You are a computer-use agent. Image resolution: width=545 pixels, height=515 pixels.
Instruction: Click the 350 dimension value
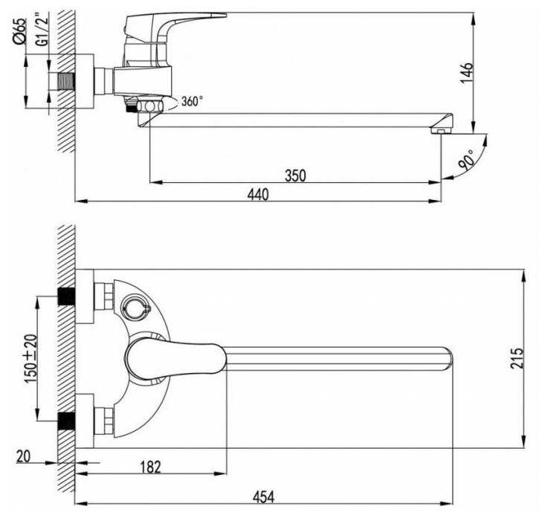coord(294,175)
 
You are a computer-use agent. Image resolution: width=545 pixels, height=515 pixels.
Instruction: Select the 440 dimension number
coord(257,195)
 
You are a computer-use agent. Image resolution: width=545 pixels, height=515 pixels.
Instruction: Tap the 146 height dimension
coord(466,74)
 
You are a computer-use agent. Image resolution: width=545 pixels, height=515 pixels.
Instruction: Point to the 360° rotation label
coord(191,101)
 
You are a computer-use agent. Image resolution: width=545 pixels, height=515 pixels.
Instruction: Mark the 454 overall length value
coord(257,496)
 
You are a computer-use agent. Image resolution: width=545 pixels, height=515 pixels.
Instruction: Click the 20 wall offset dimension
coord(22,457)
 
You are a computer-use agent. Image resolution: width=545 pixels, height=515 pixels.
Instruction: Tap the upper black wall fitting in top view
coord(66,296)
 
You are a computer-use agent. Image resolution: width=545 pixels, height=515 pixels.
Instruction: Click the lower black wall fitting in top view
coord(66,421)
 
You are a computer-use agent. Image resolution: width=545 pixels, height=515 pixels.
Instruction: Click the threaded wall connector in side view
coord(65,82)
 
